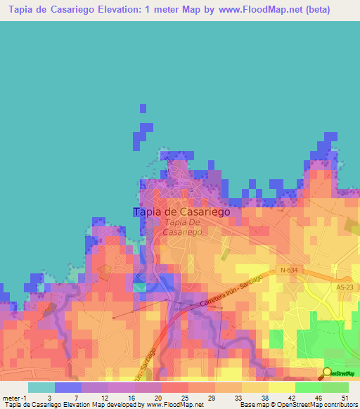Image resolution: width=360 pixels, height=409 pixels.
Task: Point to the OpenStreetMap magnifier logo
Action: point(327,372)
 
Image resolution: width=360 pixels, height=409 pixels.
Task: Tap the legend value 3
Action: point(49,398)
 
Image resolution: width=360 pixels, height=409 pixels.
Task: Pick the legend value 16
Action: point(130,398)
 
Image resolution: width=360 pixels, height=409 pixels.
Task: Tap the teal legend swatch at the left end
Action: point(41,387)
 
